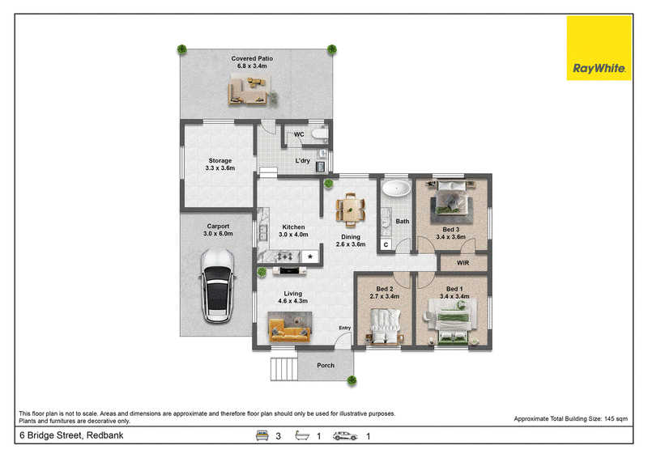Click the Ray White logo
point(599,48)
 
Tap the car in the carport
point(217,286)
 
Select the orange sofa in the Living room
point(290,327)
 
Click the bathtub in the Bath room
point(396,189)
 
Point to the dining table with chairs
point(351,210)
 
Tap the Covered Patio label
point(252,62)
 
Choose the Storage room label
point(220,164)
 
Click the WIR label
point(463,263)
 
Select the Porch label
point(326,365)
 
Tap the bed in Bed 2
point(385,327)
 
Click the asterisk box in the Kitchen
point(310,257)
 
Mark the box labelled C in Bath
point(386,244)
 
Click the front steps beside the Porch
point(284,369)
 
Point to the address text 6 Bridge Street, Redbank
point(71,435)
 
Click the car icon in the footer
point(345,435)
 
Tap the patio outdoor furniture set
point(252,91)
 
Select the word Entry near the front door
point(345,328)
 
